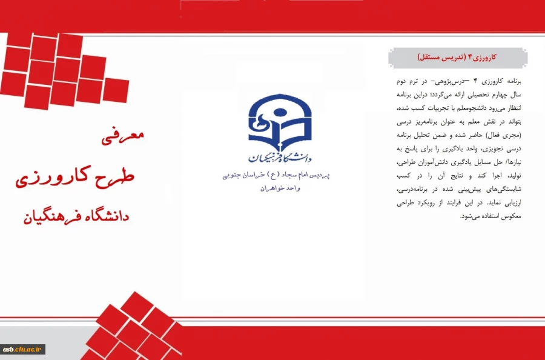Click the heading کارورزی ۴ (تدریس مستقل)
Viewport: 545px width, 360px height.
point(457,58)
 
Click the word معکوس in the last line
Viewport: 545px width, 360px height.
point(509,216)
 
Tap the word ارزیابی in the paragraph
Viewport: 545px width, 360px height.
point(509,203)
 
